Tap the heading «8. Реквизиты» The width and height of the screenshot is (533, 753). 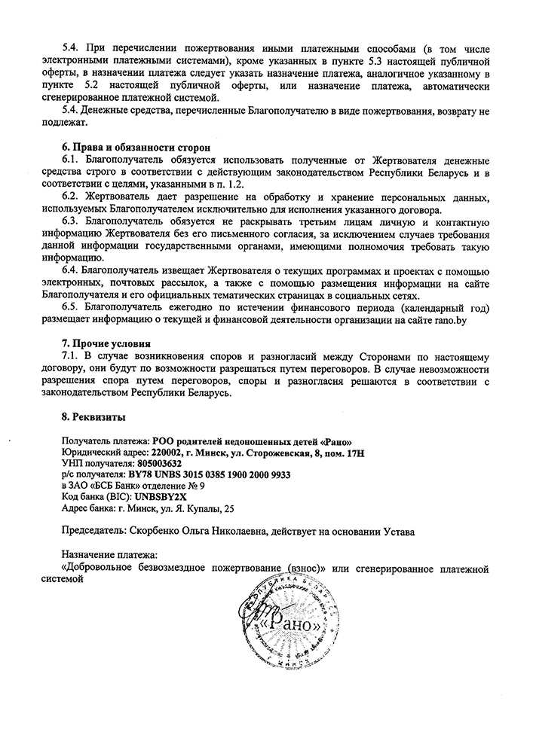click(93, 416)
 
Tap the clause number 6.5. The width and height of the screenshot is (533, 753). click(70, 309)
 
